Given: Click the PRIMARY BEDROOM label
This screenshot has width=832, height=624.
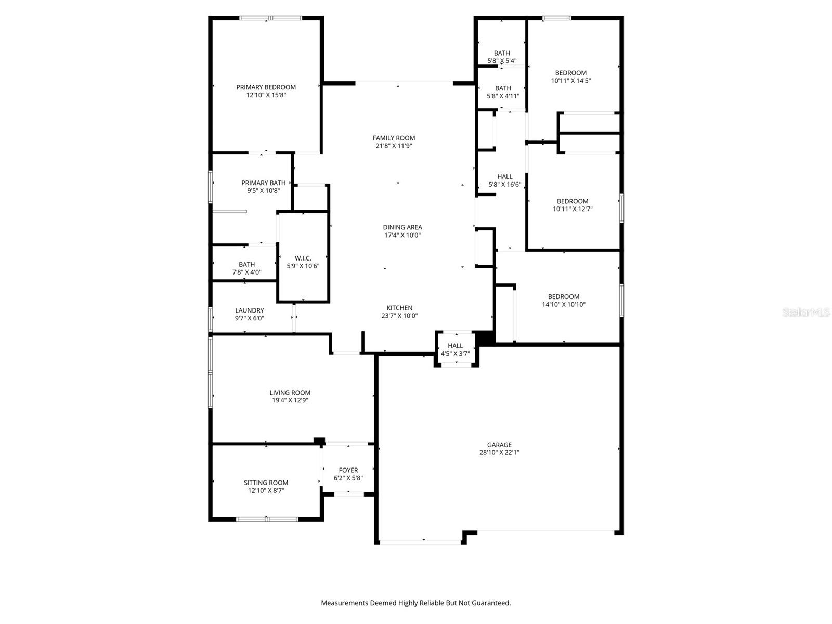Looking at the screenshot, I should [x=266, y=87].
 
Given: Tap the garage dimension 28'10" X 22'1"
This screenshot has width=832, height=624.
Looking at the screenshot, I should [x=499, y=452].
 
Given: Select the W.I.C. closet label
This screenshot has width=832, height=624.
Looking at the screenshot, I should [x=303, y=258].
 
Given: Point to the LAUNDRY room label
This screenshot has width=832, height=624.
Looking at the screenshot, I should [x=249, y=310].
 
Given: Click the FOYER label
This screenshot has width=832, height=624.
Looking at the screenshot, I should [x=348, y=470].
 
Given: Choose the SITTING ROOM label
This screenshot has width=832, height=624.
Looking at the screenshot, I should [x=266, y=483].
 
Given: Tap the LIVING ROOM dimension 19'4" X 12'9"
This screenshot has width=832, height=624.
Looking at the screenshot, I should [x=290, y=400].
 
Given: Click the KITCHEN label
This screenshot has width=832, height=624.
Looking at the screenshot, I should [x=399, y=308].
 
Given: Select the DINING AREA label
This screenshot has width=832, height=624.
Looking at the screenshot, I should [x=402, y=227].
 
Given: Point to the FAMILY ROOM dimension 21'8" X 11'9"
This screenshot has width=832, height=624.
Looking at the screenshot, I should [x=394, y=146].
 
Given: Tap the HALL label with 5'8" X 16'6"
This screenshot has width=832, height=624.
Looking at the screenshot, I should [x=504, y=177].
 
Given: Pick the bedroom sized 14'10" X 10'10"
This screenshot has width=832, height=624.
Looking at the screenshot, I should [x=564, y=301].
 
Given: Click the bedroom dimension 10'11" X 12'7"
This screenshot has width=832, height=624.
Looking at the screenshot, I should [x=573, y=209].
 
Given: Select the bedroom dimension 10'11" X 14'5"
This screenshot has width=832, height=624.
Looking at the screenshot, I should [x=571, y=81].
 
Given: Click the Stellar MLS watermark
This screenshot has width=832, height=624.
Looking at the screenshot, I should [x=806, y=313].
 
